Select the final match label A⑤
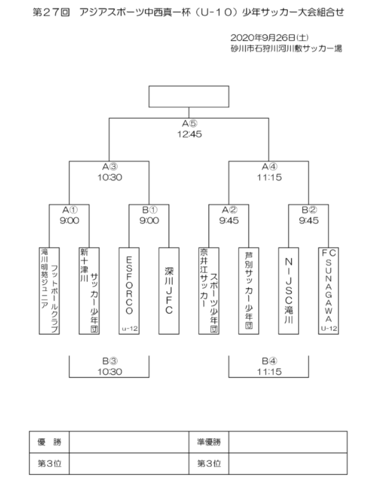(189, 124)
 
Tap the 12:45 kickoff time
(189, 134)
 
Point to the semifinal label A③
(110, 167)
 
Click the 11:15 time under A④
(269, 178)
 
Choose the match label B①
(149, 210)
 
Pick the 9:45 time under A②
(229, 221)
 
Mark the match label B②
(309, 210)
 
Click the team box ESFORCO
(129, 291)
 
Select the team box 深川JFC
(169, 291)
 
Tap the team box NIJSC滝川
(288, 291)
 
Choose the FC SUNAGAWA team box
(328, 291)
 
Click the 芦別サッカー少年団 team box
(249, 291)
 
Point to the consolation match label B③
(110, 361)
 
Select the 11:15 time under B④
(269, 372)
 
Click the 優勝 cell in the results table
(49, 442)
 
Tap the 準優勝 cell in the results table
(209, 442)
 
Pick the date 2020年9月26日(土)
(269, 38)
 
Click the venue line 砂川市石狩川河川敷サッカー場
(287, 48)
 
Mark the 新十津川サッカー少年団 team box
(89, 291)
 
